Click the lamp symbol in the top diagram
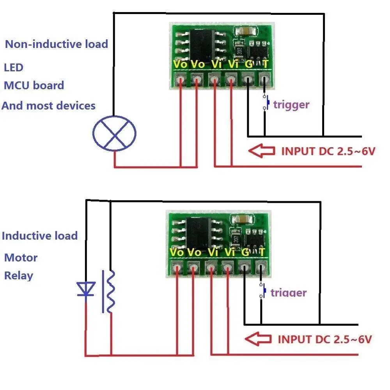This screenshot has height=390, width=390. click(114, 133)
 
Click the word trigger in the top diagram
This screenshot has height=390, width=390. click(291, 104)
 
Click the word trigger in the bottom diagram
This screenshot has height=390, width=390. click(289, 292)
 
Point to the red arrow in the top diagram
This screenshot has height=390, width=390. click(262, 151)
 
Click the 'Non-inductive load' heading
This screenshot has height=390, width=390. click(56, 44)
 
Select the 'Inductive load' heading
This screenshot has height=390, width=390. click(40, 236)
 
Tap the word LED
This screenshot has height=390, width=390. click(14, 67)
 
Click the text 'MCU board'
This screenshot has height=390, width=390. click(34, 85)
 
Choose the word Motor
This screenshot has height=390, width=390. click(21, 257)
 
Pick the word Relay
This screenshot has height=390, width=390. click(19, 275)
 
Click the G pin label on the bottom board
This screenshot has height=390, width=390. click(245, 252)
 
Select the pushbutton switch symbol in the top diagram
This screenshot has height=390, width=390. click(267, 103)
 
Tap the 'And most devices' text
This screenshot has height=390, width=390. click(49, 105)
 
